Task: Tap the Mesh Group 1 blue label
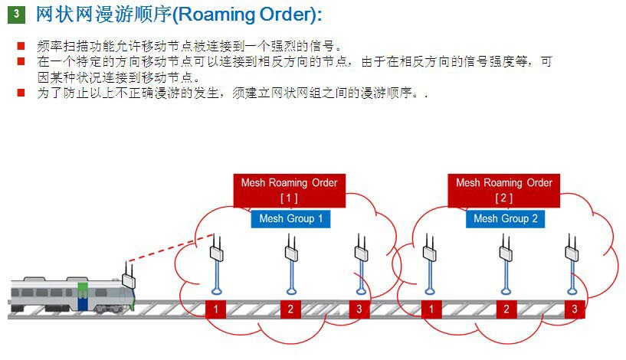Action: point(290,219)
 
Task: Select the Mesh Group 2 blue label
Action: point(505,219)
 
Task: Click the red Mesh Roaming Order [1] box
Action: point(288,190)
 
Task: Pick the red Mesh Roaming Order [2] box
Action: point(503,190)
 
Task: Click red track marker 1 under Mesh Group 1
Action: point(217,309)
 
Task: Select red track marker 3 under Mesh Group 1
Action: point(360,309)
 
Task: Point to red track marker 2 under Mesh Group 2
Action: point(505,309)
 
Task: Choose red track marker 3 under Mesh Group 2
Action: point(575,309)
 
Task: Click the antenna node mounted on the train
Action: point(128,277)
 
